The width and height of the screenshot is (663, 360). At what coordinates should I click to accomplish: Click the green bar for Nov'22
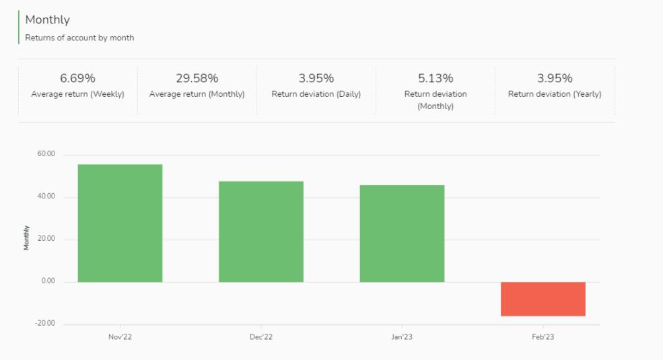(120, 223)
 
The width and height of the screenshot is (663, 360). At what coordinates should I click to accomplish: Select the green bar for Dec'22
(261, 231)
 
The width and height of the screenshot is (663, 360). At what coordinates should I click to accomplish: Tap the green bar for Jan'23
(402, 233)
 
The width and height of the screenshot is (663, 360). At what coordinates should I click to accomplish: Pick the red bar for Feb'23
(543, 299)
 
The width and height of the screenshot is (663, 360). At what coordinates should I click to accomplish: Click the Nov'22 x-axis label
(120, 336)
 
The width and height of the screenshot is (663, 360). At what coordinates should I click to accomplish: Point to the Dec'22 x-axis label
(261, 336)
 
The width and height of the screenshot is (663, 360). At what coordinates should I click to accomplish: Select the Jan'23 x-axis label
(402, 336)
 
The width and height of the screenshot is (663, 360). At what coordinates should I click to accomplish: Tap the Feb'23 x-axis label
(543, 336)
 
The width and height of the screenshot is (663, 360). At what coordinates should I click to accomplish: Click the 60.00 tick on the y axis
(46, 155)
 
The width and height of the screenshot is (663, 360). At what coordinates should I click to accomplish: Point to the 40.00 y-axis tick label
(46, 197)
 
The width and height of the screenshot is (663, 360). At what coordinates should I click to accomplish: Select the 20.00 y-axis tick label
(46, 240)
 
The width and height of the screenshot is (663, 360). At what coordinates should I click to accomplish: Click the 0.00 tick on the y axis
(48, 281)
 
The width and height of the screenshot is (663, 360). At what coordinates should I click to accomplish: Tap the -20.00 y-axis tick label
(44, 324)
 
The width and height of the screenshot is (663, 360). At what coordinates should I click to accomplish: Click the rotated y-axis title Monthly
(27, 238)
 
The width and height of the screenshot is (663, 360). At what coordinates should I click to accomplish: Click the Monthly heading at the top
(47, 20)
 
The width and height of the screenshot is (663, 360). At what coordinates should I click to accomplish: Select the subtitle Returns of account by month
(79, 38)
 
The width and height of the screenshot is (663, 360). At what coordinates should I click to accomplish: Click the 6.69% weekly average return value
(78, 79)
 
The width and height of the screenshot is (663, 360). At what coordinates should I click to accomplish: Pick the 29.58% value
(197, 79)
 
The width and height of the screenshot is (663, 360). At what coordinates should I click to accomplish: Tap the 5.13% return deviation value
(435, 79)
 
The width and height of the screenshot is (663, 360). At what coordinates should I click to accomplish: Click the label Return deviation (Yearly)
(555, 94)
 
